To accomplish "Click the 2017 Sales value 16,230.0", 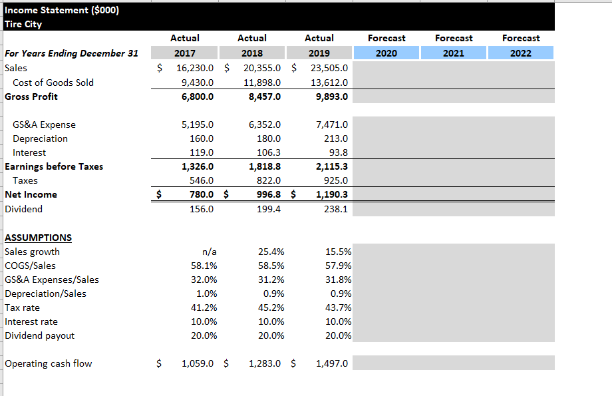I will (195, 68).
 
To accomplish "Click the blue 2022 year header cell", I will (521, 53).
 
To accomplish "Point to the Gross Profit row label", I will (31, 97).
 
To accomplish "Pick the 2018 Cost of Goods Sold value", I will (263, 83).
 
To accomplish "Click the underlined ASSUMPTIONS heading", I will (38, 238).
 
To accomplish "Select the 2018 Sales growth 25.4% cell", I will (271, 252).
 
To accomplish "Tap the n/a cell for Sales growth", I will (209, 252).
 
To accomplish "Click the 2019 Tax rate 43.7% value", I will (339, 307).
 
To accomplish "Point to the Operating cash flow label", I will (49, 363).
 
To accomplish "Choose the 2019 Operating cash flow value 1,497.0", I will (333, 363).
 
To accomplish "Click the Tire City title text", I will (23, 24).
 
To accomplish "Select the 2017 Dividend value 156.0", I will (202, 209).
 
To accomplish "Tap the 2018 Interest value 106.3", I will (268, 152).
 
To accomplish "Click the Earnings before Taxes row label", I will (54, 166).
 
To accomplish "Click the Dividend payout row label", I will (40, 335).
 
